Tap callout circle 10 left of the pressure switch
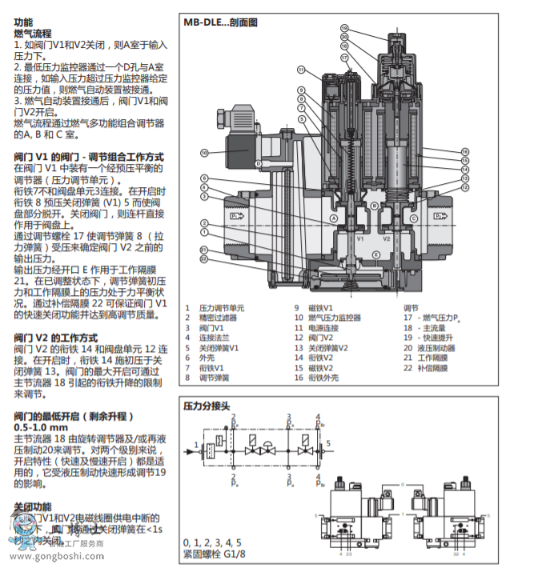[204, 152]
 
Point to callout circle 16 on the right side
[464, 151]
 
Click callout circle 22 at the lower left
[204, 259]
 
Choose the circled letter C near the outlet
[413, 218]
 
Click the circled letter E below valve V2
[376, 254]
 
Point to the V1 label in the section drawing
[361, 238]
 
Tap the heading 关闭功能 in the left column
[32, 506]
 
